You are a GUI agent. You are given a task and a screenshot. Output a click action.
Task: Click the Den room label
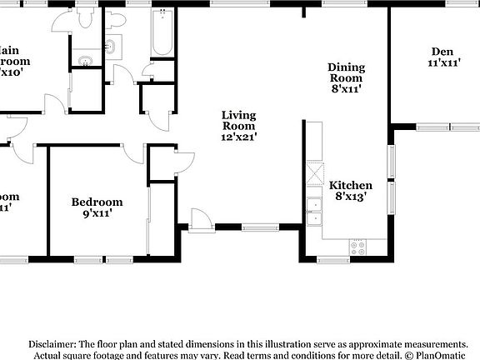point(443,51)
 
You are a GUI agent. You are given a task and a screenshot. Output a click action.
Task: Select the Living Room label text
point(238,121)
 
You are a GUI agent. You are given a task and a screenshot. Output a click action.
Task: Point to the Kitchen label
point(351,185)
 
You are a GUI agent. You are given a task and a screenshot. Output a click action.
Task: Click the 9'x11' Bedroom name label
point(97,202)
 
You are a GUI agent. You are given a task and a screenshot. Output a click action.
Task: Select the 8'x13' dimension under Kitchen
point(351,197)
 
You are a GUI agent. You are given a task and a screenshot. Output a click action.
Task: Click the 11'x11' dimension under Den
point(443,62)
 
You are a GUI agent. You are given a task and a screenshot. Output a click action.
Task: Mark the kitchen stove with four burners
point(357,247)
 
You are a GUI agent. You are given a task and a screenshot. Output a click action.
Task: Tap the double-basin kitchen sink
point(313,212)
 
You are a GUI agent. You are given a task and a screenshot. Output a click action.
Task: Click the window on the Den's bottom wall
point(447,127)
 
